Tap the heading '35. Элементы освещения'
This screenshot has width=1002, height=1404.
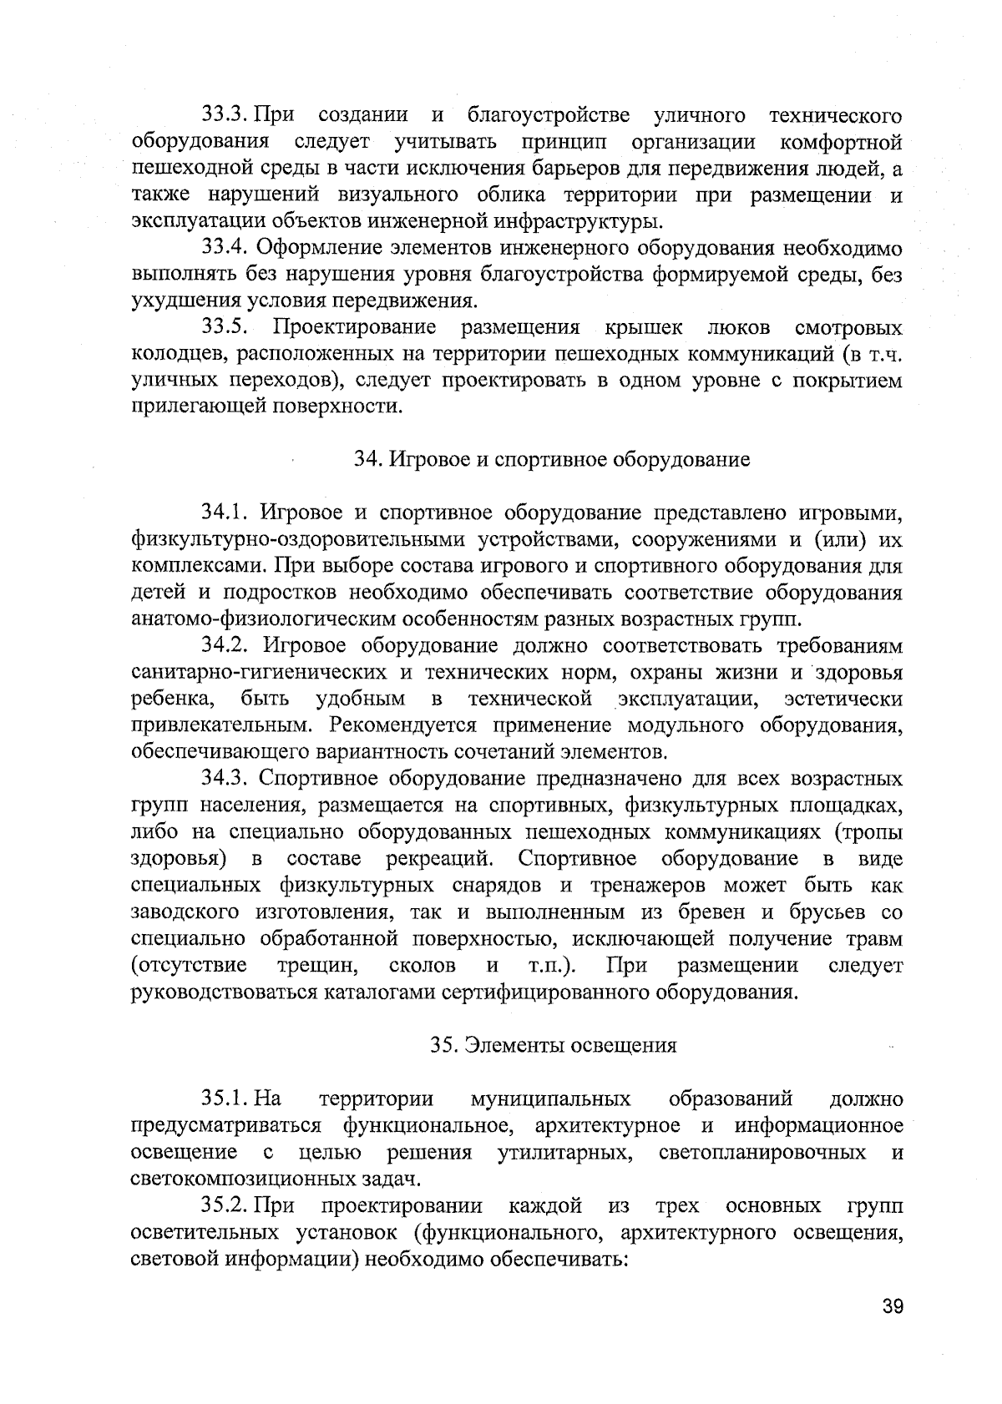click(x=554, y=1045)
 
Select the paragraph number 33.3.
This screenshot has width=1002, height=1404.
click(x=225, y=114)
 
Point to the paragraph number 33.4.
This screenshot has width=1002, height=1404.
click(x=225, y=248)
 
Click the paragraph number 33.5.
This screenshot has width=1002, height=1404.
click(x=225, y=327)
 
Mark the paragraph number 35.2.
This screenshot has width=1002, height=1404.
click(x=225, y=1206)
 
